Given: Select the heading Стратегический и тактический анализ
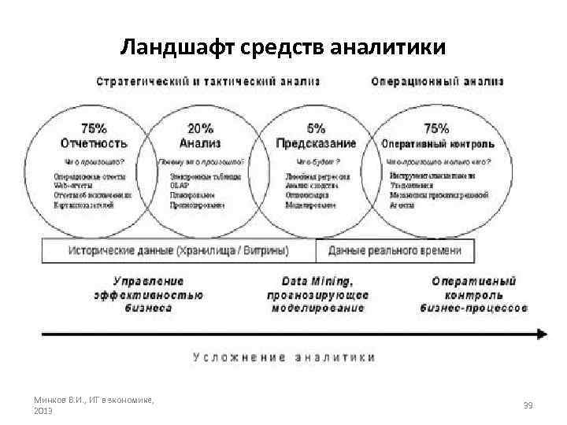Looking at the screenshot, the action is [208, 82].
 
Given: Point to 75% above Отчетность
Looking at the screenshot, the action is [95, 128].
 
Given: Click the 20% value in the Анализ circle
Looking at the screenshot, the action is [201, 128].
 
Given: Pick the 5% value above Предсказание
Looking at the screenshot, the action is [316, 128].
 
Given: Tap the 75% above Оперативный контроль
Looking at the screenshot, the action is [436, 128].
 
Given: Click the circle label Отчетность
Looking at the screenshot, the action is [94, 143].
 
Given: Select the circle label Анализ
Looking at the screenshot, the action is [200, 143].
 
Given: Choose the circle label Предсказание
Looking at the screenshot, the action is [316, 143].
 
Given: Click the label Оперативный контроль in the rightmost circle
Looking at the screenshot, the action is [438, 144].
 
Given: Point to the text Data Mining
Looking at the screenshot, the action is [317, 281].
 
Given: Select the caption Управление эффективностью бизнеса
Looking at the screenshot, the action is [149, 294].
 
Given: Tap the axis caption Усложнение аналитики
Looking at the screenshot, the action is [284, 357].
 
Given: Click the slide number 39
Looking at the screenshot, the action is [528, 405].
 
